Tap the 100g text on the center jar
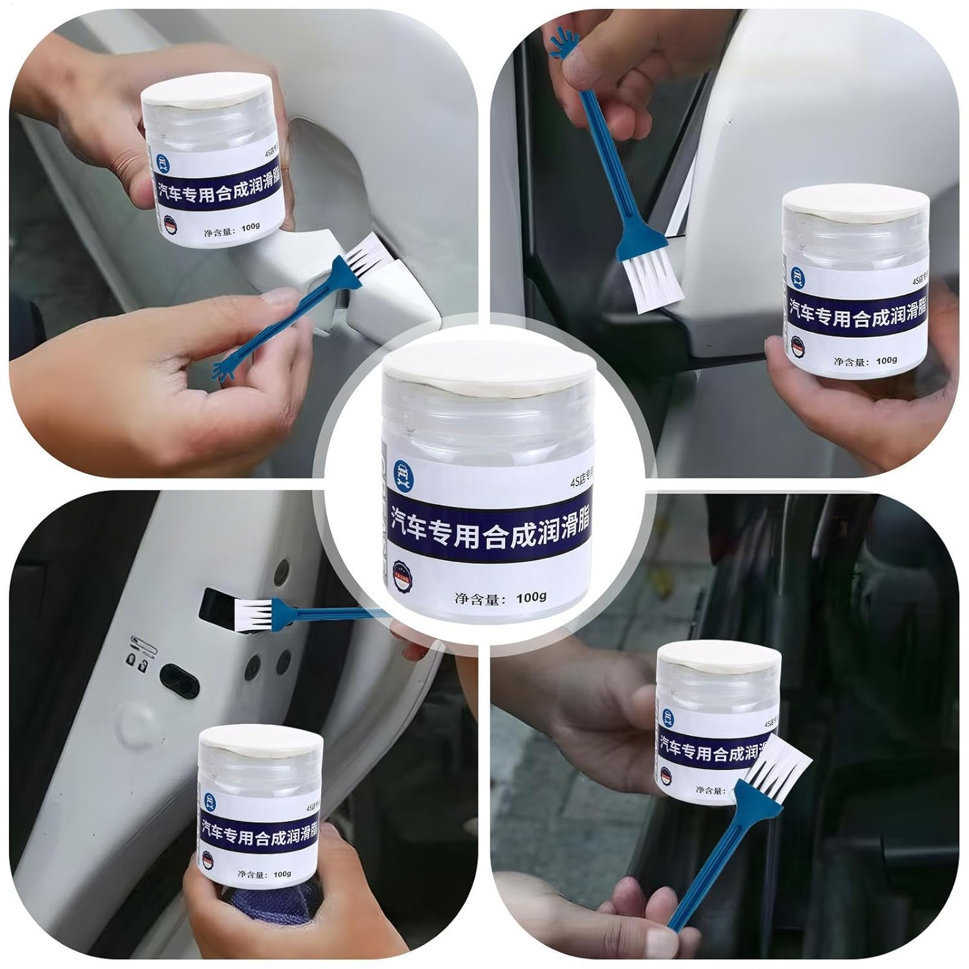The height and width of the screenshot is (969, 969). pos(531,597)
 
